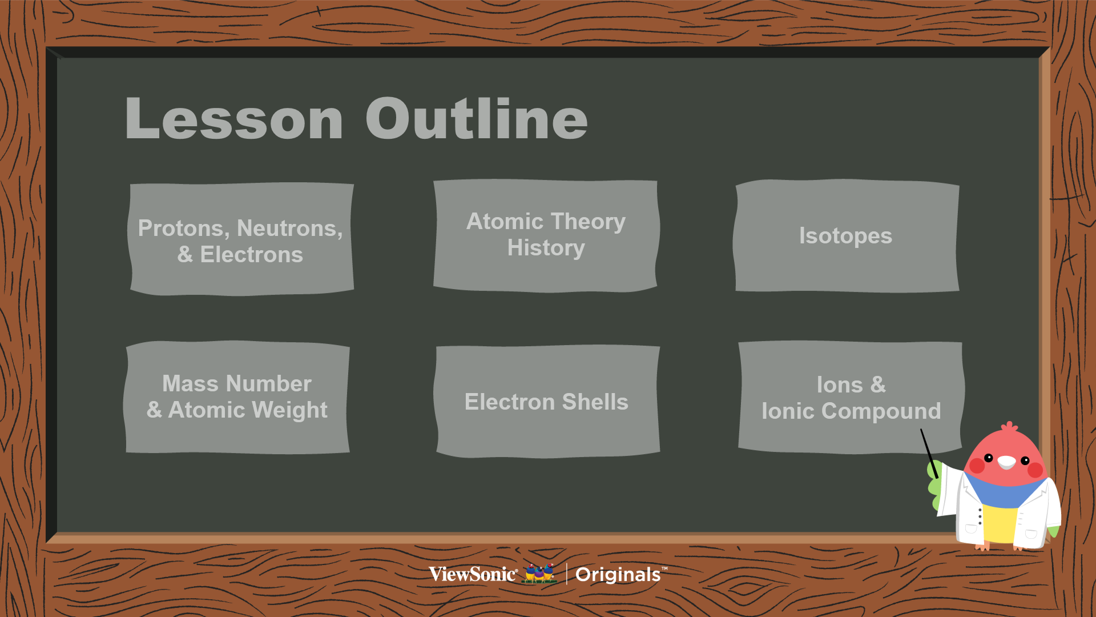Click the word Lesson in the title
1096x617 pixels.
pos(234,119)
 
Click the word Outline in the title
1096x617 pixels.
pos(477,118)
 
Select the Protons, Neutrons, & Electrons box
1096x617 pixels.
pos(240,239)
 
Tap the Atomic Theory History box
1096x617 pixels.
pos(546,236)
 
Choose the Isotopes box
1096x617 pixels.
pos(847,236)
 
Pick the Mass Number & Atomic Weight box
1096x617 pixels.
pos(237,398)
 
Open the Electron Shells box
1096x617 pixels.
pos(547,401)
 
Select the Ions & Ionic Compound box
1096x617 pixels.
pos(851,398)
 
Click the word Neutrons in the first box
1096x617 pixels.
pos(289,229)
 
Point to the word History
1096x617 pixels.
pos(546,249)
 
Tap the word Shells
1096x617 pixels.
pos(595,402)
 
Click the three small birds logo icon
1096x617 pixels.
pos(539,573)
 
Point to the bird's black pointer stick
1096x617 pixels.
pos(929,454)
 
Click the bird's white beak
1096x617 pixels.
pos(1006,462)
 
